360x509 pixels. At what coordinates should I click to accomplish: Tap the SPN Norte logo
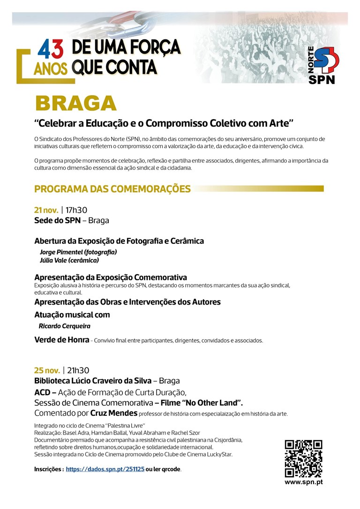coord(322,65)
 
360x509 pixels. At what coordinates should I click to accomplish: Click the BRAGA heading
coord(75,104)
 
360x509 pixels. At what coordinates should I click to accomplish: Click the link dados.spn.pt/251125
coord(105,469)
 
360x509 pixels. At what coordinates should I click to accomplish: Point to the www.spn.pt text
coord(303,482)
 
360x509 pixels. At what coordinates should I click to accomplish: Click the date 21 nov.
coord(46,210)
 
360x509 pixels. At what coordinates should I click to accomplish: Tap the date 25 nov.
coord(46,370)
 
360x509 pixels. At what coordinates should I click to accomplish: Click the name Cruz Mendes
coord(114,413)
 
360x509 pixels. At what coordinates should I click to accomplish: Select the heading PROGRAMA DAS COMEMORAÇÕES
coord(112,189)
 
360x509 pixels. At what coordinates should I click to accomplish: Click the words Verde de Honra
coord(61,340)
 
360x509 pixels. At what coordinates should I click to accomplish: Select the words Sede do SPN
coord(57,220)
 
